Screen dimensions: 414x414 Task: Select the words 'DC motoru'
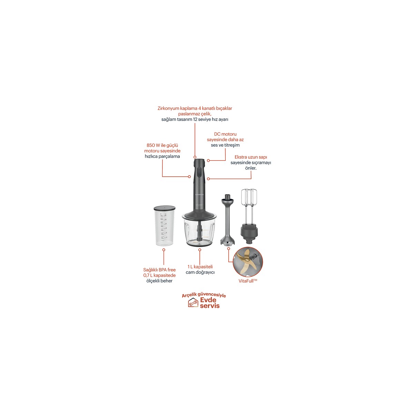225,134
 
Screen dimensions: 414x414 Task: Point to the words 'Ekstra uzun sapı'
250,157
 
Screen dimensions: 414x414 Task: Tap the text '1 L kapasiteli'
200,267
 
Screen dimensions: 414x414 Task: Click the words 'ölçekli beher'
159,281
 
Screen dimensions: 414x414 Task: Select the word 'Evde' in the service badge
208,300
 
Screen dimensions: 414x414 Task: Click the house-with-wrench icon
193,303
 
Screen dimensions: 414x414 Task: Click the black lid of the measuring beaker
165,208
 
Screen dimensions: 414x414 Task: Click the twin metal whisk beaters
249,206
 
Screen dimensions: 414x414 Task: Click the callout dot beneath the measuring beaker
164,250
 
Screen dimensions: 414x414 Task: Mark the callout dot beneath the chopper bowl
200,250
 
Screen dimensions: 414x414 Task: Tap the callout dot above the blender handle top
195,157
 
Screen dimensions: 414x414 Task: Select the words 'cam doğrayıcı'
200,272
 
